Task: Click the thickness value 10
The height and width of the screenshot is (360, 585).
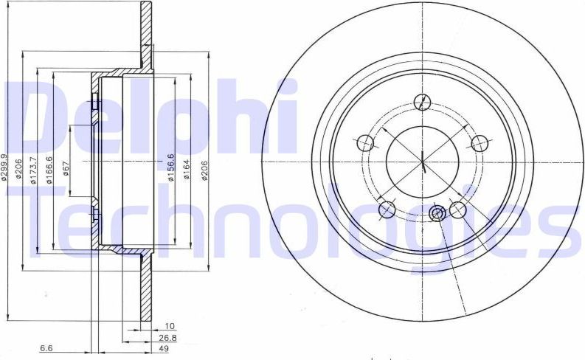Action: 170,325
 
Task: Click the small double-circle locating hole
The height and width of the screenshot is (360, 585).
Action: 437,214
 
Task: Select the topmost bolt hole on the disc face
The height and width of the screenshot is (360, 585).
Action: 423,102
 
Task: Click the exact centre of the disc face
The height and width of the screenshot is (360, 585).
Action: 423,160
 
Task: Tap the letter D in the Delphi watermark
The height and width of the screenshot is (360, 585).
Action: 37,118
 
